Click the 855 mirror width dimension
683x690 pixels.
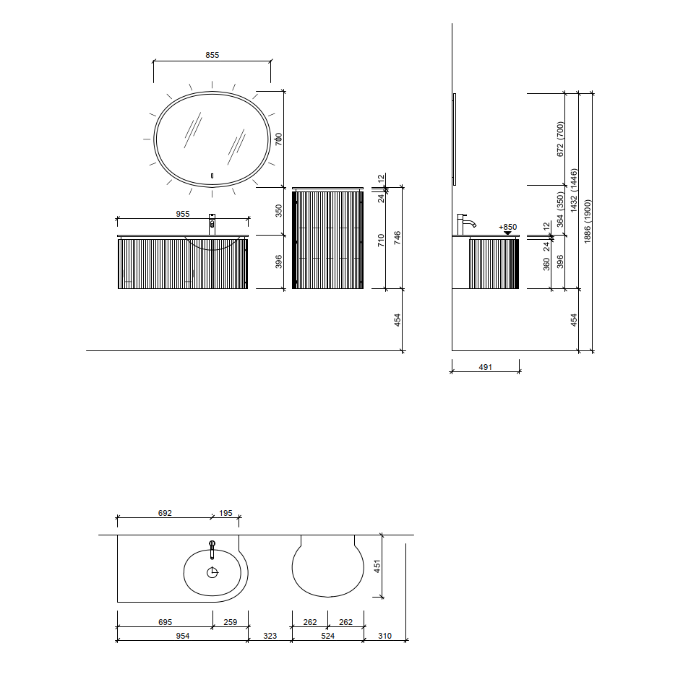[x=212, y=55]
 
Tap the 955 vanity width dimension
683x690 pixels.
[x=183, y=214]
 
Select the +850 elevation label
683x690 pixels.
[x=508, y=227]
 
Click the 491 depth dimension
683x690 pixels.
[x=486, y=367]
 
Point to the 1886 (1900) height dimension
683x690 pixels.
[x=588, y=221]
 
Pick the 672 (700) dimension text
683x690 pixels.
[x=560, y=139]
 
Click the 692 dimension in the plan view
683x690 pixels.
[x=165, y=513]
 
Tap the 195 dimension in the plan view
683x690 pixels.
[x=225, y=513]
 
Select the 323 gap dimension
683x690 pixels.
[x=270, y=636]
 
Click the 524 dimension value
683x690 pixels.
[x=328, y=636]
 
